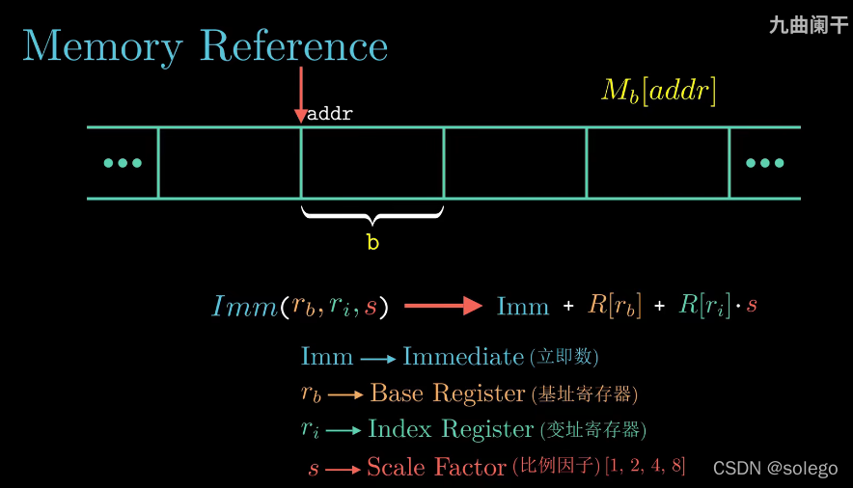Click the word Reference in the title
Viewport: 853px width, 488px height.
[294, 46]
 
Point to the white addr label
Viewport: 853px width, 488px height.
[330, 114]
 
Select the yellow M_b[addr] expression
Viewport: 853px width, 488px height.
[659, 91]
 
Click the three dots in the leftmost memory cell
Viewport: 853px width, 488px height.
[123, 163]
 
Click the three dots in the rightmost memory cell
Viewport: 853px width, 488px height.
[765, 163]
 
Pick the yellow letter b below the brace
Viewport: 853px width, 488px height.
[372, 243]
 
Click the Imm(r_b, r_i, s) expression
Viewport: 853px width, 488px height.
[300, 307]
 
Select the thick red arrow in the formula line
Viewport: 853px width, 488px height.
[443, 306]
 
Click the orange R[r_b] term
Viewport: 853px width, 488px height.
[615, 306]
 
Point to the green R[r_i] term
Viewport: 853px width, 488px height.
[704, 306]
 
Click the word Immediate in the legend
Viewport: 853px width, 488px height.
[463, 357]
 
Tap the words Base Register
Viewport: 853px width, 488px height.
[448, 393]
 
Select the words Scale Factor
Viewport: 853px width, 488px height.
[436, 468]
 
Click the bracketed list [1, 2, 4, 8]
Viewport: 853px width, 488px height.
[646, 467]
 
